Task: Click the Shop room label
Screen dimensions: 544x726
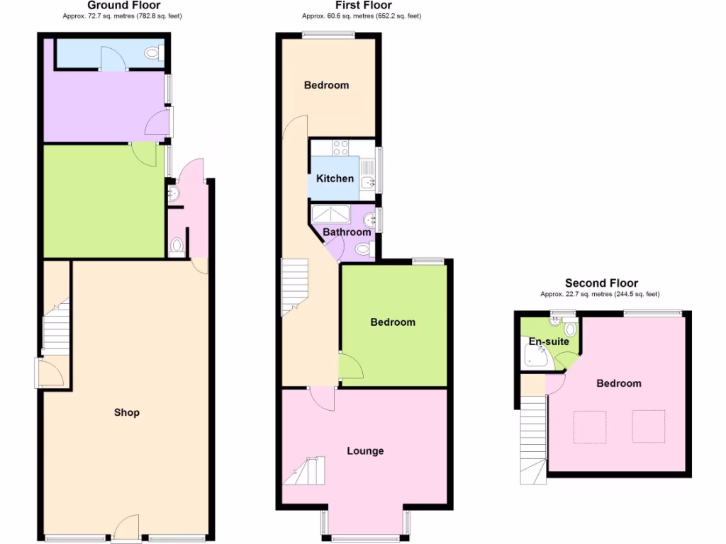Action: [x=127, y=412]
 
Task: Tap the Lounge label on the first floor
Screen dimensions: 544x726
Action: [x=365, y=450]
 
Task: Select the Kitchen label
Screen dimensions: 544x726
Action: [x=335, y=178]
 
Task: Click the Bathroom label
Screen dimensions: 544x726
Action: [x=347, y=232]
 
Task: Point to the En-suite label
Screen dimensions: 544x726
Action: [x=549, y=341]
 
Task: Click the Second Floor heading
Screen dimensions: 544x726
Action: [x=601, y=283]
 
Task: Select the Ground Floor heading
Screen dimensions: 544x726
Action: [x=123, y=5]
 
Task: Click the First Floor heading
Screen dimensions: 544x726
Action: [x=363, y=5]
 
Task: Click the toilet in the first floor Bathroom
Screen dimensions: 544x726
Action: [x=363, y=249]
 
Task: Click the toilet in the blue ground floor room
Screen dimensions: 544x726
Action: [x=152, y=52]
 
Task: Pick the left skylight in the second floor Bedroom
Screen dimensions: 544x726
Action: [x=590, y=426]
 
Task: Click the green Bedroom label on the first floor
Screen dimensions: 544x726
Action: [x=393, y=322]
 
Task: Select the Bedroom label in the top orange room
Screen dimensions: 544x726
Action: [x=326, y=85]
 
